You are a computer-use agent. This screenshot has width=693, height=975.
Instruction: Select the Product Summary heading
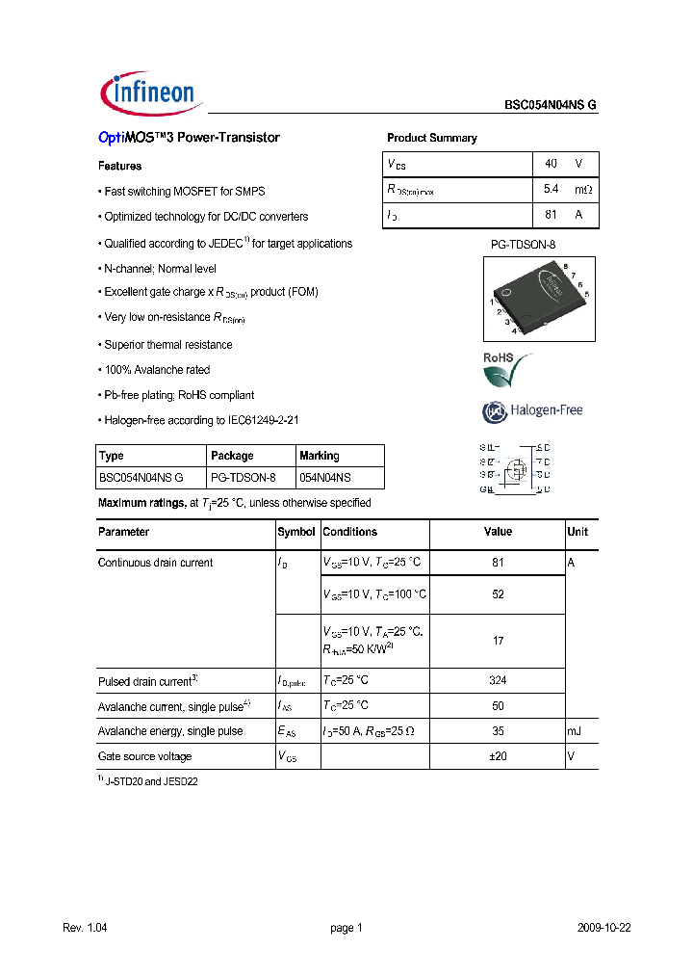pos(431,138)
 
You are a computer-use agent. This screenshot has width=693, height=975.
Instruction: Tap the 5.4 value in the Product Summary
pos(552,190)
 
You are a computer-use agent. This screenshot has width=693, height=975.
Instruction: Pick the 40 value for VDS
pos(551,164)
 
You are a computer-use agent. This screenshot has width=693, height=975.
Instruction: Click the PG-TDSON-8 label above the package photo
pos(524,245)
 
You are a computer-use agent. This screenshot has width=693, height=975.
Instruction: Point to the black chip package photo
pos(539,297)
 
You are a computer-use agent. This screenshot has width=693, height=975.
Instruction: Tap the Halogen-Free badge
pos(532,411)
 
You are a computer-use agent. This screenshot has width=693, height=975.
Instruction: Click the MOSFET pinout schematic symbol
pos(515,468)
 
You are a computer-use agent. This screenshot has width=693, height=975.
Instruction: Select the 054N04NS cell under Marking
pos(325,477)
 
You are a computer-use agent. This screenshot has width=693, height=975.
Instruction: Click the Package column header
pos(232,456)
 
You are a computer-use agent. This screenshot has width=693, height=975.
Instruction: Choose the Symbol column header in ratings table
pos(296,532)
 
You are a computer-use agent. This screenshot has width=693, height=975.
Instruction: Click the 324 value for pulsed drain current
pos(498,680)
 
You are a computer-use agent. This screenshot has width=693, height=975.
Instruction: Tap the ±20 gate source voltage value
pos(498,756)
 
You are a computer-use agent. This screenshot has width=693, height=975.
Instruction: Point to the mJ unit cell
pos(575,731)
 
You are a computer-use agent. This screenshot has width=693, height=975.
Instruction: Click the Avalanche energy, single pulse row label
pos(170,731)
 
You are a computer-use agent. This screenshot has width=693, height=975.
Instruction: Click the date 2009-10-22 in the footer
pos(603,928)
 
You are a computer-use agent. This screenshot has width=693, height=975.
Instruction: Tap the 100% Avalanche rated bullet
pos(155,370)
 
